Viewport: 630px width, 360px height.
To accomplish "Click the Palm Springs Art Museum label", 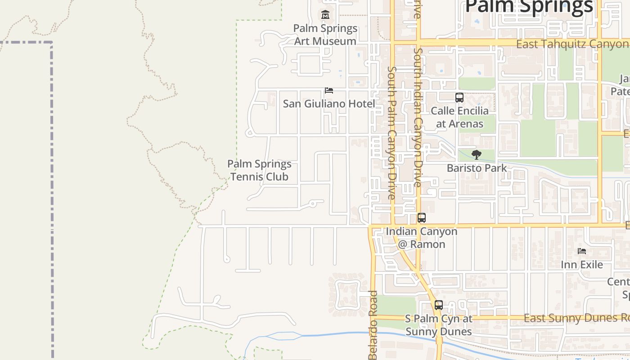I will pos(325,35).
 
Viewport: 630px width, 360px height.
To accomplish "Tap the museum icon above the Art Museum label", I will pos(325,15).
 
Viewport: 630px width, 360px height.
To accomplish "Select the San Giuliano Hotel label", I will pos(328,103).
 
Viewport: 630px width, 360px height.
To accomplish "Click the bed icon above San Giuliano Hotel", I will pos(329,90).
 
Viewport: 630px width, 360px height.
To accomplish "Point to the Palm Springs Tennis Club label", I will pos(259,170).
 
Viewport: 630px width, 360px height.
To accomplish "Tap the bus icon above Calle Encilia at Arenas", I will pos(459,97).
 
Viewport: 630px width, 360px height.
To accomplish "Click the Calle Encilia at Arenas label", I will pos(459,117).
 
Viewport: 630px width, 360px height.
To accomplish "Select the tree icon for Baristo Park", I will pos(476,155).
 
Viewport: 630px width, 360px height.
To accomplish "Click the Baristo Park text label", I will pos(477,168).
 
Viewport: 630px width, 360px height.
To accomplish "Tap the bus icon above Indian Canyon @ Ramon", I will pos(422,218).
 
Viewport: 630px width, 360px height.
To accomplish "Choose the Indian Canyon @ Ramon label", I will pos(422,238).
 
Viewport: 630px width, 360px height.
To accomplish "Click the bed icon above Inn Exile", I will pos(582,251).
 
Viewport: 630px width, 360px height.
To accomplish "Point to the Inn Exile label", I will pos(582,264).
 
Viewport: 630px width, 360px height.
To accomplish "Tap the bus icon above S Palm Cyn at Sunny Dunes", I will pos(439,305).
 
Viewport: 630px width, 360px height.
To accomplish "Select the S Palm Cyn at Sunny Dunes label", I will pos(439,325).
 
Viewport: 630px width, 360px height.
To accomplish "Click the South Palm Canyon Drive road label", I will pos(392,133).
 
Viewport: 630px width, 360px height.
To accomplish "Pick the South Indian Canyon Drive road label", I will pos(418,117).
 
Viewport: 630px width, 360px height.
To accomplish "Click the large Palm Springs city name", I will pos(529,7).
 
